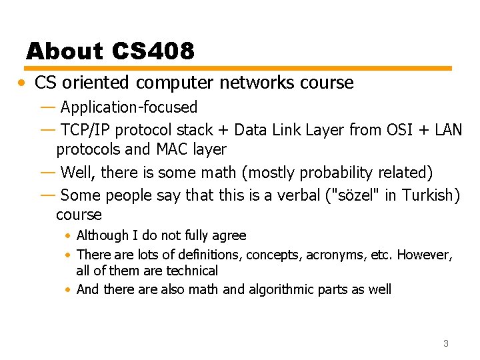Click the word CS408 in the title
(153, 51)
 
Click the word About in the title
(65, 51)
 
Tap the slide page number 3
(445, 343)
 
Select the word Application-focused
(129, 107)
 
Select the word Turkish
(424, 195)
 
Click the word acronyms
(329, 255)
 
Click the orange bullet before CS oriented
(23, 83)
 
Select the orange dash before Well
(48, 173)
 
